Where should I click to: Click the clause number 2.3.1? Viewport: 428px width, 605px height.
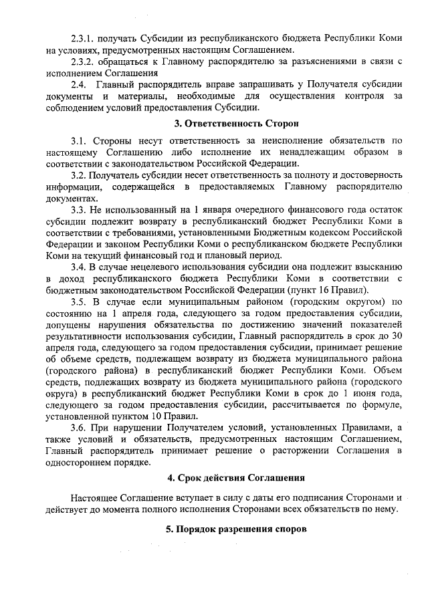coord(83,39)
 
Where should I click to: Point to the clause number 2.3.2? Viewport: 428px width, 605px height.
coord(83,62)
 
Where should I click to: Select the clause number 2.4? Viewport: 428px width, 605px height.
coord(78,85)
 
